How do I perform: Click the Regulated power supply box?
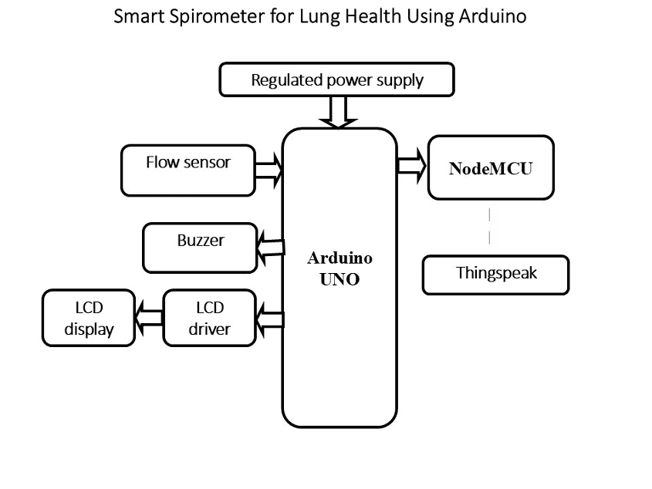(x=337, y=80)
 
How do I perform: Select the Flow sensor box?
(x=187, y=170)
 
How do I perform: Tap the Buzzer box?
(x=200, y=247)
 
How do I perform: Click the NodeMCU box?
(x=491, y=169)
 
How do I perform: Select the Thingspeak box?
(x=495, y=274)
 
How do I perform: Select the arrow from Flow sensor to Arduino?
(x=269, y=170)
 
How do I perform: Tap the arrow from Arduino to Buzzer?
(x=270, y=247)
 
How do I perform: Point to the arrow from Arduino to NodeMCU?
(x=412, y=165)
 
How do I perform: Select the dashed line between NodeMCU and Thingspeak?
(x=490, y=226)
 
